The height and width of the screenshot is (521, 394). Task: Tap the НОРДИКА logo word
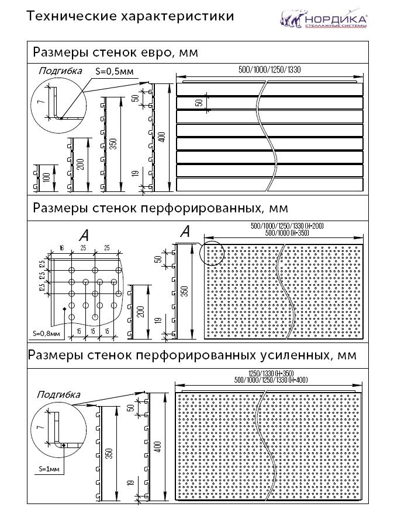tap(334, 18)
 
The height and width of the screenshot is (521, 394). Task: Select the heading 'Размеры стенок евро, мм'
tap(115, 53)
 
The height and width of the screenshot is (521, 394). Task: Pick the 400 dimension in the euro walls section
tap(162, 138)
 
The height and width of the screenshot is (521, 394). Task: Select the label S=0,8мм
tap(46, 334)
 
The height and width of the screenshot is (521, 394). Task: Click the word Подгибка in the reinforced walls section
tap(58, 395)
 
